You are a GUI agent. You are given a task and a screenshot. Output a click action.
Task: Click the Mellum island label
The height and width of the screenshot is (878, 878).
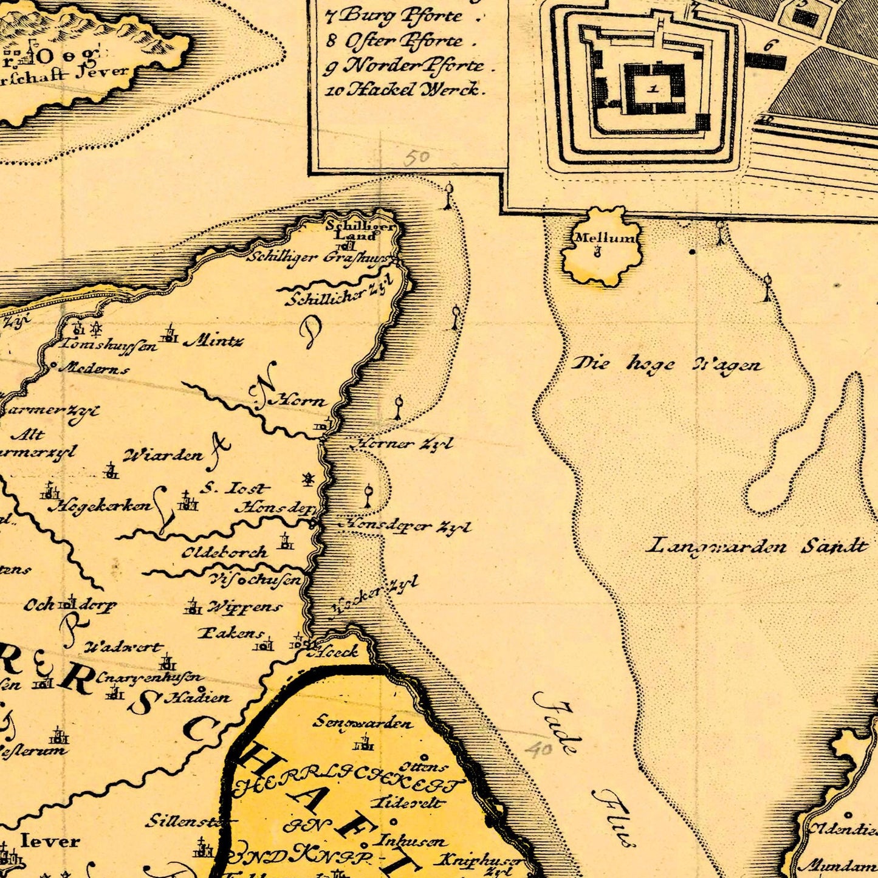[605, 238]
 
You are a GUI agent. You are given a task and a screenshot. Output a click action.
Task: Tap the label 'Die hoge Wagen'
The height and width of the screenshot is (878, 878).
[667, 365]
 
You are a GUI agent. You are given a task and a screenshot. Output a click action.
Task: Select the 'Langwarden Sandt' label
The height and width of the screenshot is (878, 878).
[756, 545]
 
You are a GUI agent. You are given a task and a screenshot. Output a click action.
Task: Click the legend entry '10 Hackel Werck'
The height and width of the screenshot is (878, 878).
[406, 90]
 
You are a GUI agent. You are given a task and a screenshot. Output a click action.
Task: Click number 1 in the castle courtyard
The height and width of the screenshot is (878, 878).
[653, 89]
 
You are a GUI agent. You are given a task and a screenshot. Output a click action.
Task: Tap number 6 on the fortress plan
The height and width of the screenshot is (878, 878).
[770, 46]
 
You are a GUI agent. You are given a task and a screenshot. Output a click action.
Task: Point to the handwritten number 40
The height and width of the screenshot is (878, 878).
[538, 749]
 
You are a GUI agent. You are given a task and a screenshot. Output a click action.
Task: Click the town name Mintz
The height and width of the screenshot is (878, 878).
[214, 341]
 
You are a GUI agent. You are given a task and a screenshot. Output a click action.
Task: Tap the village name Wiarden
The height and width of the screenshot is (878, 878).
[163, 455]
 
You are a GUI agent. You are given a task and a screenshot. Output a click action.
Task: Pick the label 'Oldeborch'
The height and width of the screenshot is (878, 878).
[225, 552]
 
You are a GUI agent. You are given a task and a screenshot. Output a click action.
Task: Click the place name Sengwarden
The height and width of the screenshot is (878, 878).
[363, 722]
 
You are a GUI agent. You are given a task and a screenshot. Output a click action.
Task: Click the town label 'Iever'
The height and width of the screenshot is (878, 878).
[50, 842]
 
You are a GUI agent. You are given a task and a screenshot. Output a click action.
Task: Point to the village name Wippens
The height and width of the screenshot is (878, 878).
[245, 607]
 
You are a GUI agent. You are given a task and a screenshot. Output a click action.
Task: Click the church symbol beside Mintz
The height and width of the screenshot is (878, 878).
[171, 334]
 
